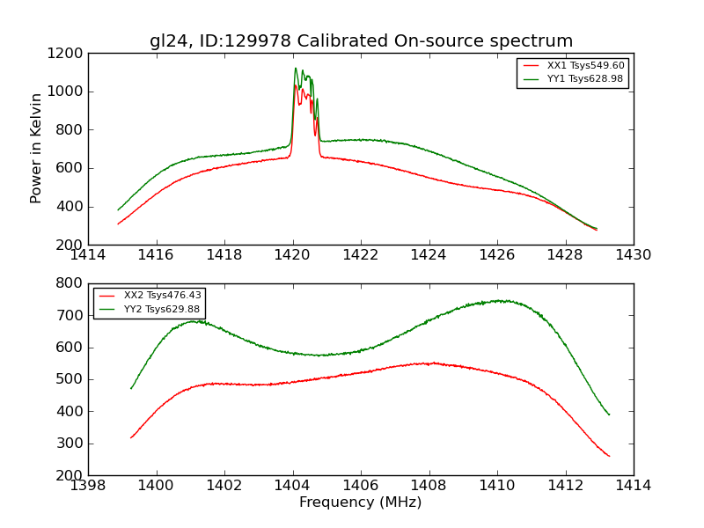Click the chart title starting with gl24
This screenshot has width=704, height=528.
(x=361, y=41)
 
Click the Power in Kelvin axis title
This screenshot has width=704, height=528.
(x=37, y=148)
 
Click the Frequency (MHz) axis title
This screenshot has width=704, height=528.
(x=361, y=502)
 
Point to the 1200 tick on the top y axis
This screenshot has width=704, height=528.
(x=67, y=53)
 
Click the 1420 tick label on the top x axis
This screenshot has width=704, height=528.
(x=293, y=255)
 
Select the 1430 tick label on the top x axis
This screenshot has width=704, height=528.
(x=634, y=255)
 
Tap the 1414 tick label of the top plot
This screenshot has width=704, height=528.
(x=88, y=255)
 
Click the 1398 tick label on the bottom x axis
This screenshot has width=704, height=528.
(x=88, y=486)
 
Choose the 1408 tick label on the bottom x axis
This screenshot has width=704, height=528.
(x=429, y=486)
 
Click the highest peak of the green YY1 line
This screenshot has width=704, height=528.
(x=296, y=68)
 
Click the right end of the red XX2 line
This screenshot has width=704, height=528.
(x=609, y=456)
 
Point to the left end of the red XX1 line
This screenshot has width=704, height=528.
(x=118, y=224)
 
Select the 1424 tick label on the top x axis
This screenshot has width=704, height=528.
(x=429, y=255)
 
